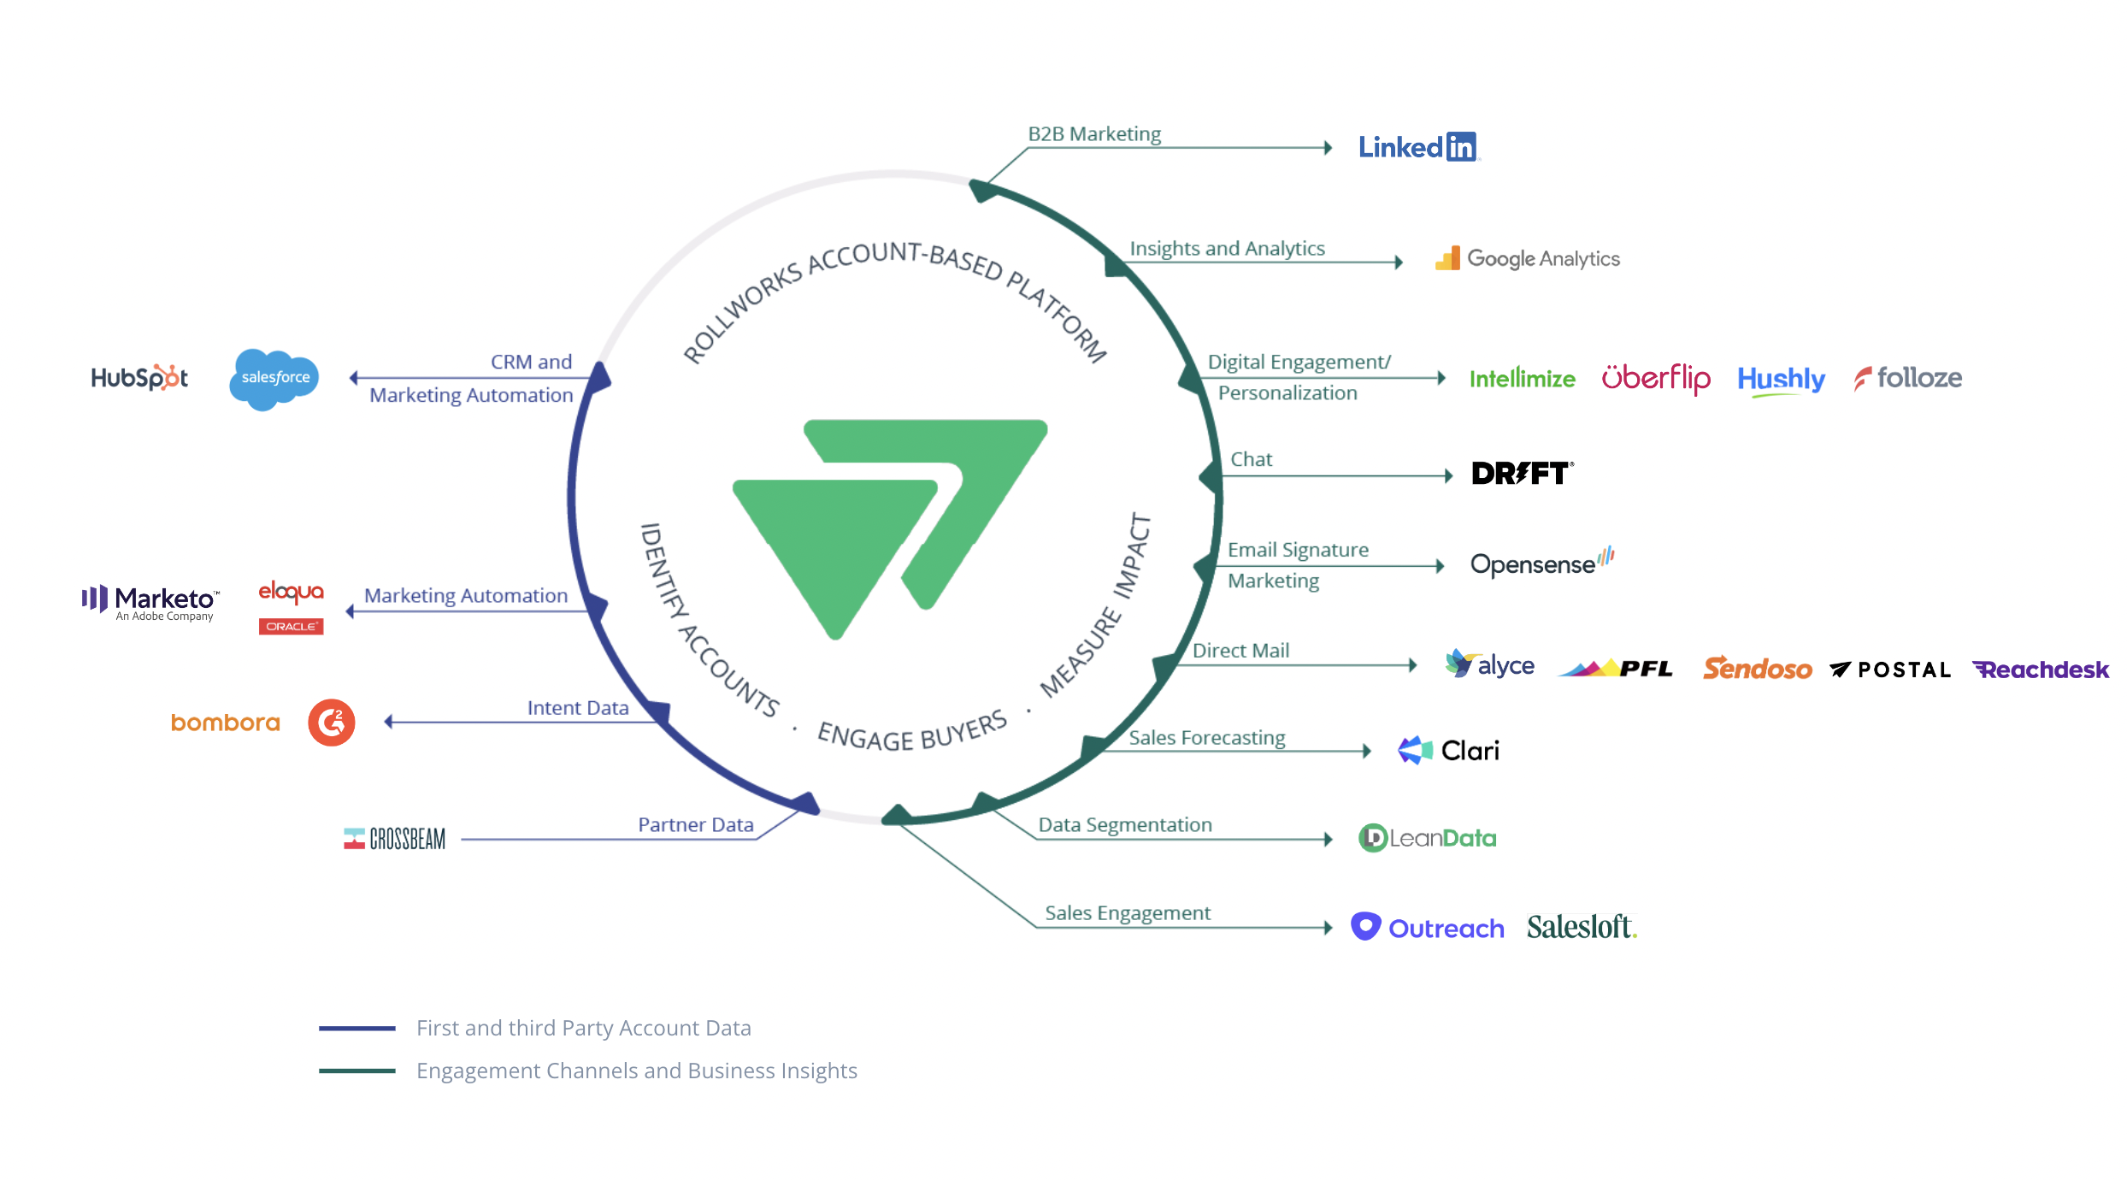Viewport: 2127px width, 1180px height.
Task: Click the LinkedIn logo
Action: point(1417,147)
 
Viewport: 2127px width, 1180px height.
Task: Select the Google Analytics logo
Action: point(1528,258)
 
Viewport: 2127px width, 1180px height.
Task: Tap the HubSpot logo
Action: point(139,377)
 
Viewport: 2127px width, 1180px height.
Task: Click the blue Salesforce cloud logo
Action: point(274,378)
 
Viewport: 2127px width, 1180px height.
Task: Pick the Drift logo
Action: point(1522,473)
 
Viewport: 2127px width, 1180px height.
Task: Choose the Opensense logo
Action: point(1541,563)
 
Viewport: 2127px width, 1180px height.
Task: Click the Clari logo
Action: point(1448,750)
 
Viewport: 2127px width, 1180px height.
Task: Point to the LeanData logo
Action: point(1427,838)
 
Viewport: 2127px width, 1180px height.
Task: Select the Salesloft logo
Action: point(1581,927)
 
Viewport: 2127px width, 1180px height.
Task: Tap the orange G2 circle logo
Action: point(332,723)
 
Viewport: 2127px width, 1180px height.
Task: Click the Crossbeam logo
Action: point(395,839)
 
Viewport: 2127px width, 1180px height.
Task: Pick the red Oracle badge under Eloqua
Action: point(291,626)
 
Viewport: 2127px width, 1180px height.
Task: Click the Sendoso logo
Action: point(1757,669)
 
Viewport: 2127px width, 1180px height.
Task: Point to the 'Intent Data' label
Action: point(578,708)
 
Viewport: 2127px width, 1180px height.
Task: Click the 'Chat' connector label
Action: point(1251,460)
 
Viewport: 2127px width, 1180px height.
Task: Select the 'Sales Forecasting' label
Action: point(1206,738)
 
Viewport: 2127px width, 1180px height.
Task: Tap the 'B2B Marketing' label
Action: point(1094,134)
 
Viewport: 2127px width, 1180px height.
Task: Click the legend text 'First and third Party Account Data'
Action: point(583,1028)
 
